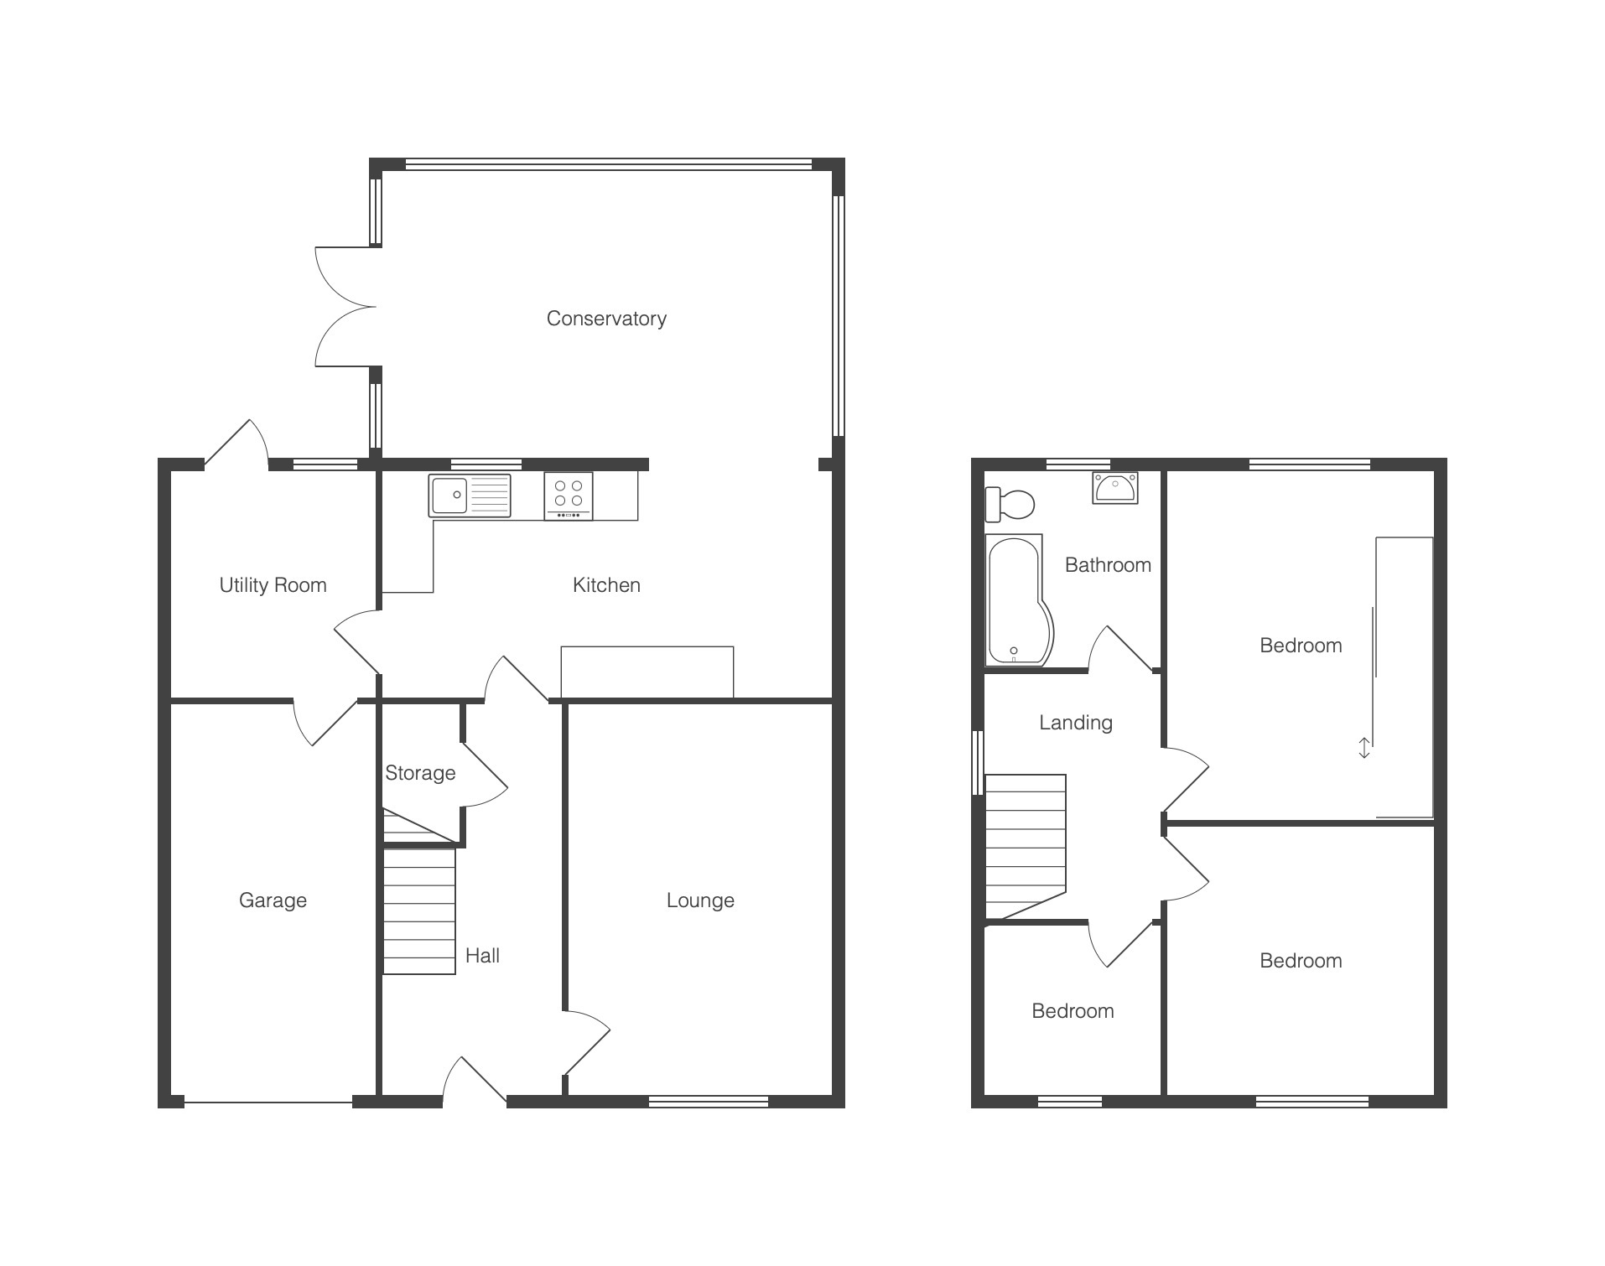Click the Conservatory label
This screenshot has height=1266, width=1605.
point(606,319)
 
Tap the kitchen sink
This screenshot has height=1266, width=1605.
point(470,496)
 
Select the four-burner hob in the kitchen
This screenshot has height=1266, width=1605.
point(569,496)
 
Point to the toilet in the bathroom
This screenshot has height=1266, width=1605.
point(1010,505)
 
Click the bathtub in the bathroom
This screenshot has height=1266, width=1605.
point(1018,600)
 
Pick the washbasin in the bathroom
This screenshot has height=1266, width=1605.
point(1115,487)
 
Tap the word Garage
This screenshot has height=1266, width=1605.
point(273,900)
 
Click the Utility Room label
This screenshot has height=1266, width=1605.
point(273,585)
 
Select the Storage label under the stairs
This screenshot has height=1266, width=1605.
point(420,773)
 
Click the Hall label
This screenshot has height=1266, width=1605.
point(482,956)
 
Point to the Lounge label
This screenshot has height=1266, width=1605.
point(700,900)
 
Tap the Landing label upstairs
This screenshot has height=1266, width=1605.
point(1076,723)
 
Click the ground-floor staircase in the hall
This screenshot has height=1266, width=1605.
point(419,911)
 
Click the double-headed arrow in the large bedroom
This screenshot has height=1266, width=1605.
point(1364,748)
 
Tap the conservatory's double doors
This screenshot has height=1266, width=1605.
point(345,307)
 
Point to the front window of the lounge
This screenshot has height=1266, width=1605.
point(709,1102)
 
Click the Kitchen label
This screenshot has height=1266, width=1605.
point(606,585)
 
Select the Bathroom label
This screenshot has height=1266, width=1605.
point(1108,565)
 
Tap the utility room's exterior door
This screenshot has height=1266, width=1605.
point(236,442)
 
